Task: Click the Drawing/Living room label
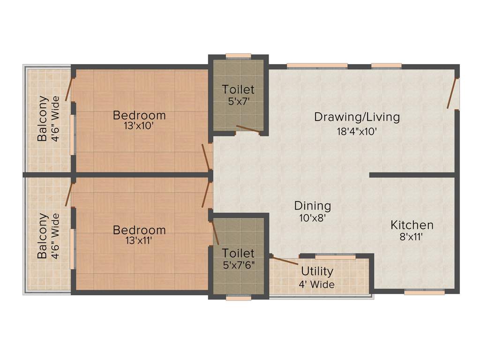point(357,117)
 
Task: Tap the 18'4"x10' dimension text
point(357,132)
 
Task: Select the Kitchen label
point(412,225)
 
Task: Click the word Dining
point(313,205)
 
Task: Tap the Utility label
point(317,271)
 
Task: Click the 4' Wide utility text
point(317,284)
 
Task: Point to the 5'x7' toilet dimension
point(238,101)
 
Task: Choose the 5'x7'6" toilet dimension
point(239,265)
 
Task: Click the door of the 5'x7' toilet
point(248,129)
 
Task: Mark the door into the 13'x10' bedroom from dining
point(206,157)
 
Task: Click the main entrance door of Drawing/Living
point(452,94)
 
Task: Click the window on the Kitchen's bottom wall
point(424,292)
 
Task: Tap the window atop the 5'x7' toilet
point(238,56)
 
